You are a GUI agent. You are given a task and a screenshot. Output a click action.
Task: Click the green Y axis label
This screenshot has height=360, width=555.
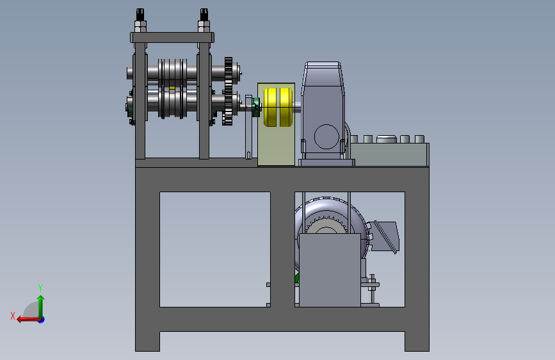pos(40,288)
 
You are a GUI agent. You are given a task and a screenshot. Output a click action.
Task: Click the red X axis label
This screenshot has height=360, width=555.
pos(13,316)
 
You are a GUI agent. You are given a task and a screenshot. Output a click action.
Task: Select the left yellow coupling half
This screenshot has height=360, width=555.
pos(270,107)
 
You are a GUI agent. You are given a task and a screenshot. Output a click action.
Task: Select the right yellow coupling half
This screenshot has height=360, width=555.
pos(286,107)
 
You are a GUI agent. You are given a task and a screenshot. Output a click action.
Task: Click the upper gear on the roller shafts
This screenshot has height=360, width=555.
pos(229,74)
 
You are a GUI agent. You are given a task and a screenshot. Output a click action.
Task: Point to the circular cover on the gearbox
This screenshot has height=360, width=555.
pos(326,136)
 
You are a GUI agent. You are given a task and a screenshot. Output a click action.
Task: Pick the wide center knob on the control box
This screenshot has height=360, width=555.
pos(386,139)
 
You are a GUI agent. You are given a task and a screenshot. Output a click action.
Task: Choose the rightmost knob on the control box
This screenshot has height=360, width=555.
pos(419,139)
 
